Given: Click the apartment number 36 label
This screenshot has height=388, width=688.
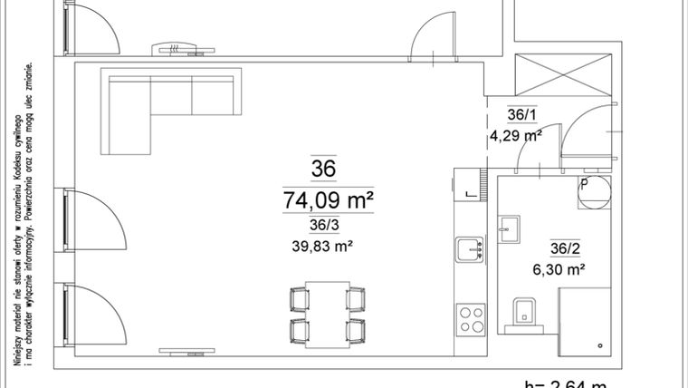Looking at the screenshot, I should tap(323, 169).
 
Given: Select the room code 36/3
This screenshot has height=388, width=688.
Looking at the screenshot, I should tap(323, 226).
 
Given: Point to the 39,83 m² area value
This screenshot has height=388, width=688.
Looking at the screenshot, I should tap(323, 246).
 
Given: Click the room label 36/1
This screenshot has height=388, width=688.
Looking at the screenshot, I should tap(521, 115).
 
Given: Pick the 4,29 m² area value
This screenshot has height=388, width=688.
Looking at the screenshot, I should tap(515, 137).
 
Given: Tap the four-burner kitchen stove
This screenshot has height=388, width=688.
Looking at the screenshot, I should tap(472, 318).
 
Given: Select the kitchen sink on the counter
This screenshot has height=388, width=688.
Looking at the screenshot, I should tap(471, 247).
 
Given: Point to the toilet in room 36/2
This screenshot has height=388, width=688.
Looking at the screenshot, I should tap(524, 311).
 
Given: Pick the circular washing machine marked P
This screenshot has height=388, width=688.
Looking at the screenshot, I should tap(596, 191).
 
